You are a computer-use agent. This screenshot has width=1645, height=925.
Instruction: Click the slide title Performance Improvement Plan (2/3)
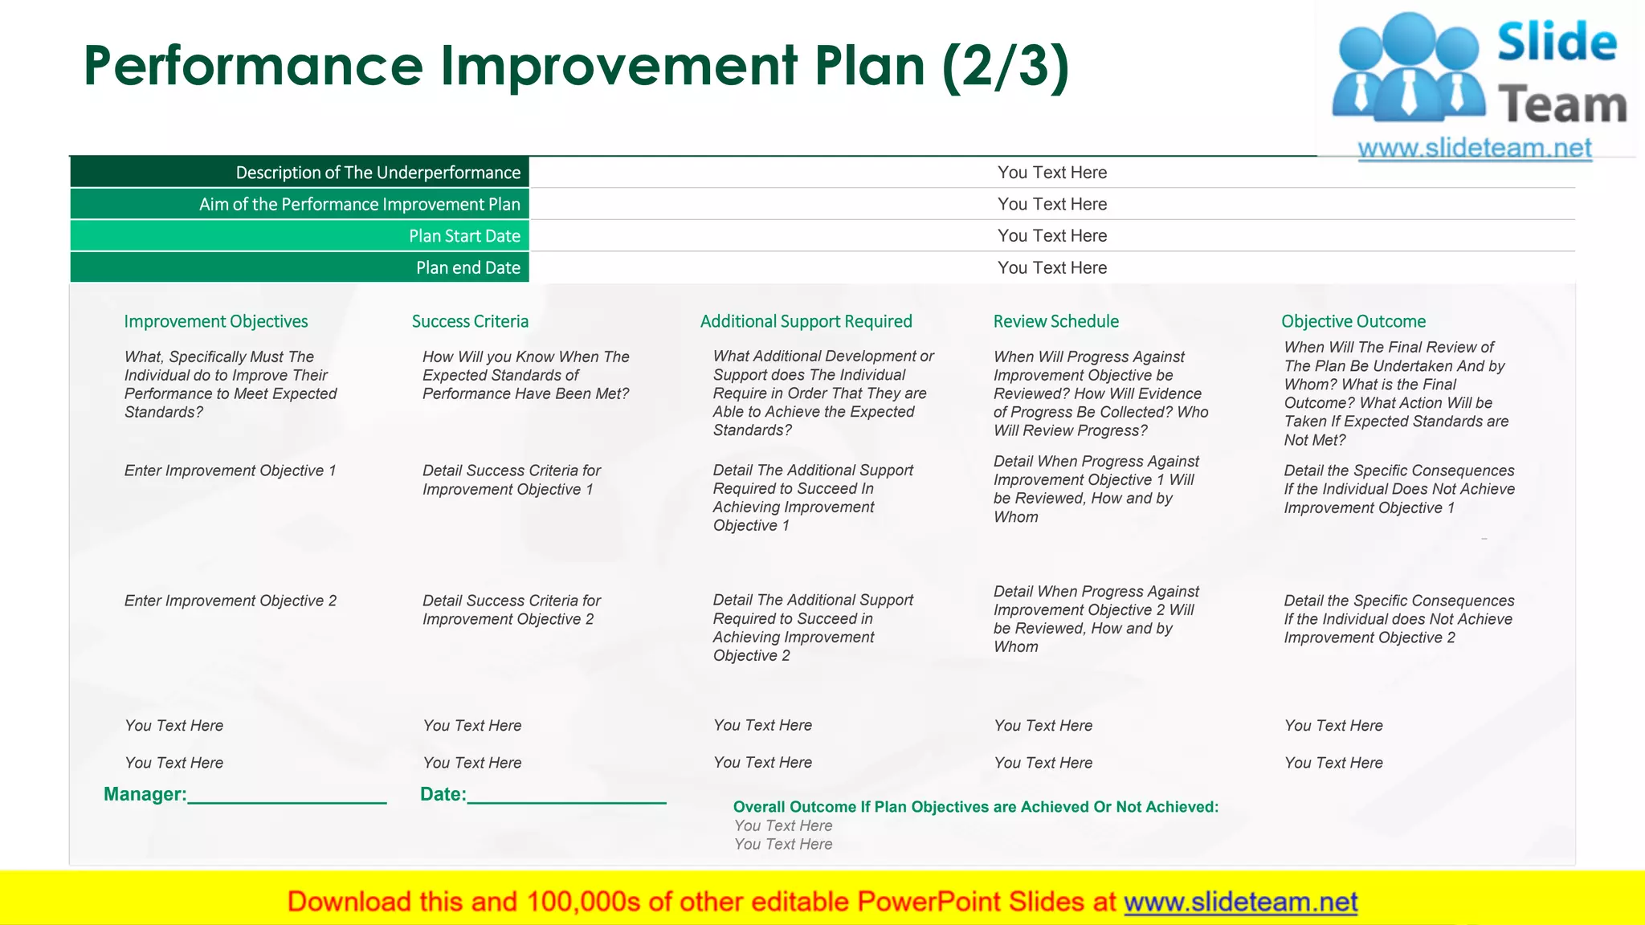tap(576, 66)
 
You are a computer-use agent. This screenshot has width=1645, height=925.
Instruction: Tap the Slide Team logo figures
tap(1408, 68)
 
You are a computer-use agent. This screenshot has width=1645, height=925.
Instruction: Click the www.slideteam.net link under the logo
tap(1474, 149)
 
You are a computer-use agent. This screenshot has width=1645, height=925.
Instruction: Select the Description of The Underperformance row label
tap(378, 173)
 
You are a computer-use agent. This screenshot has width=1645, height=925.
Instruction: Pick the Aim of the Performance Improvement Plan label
tap(359, 204)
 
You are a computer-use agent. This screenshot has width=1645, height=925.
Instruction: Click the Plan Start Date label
tap(464, 236)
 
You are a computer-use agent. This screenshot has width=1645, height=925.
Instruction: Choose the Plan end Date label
tap(467, 267)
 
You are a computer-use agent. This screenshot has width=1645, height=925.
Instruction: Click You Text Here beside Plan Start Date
tap(1051, 236)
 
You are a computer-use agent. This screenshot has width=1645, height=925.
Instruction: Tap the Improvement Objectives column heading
tap(216, 321)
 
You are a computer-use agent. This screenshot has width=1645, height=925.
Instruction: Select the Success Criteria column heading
tap(470, 321)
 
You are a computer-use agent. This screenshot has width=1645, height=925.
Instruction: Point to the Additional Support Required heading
tap(806, 321)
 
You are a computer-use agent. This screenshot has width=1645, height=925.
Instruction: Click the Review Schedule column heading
tap(1055, 321)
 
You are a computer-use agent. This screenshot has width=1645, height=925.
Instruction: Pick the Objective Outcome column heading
tap(1353, 321)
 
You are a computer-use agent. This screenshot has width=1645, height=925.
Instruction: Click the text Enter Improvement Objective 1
tap(230, 471)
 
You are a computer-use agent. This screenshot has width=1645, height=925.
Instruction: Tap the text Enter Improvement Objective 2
tap(230, 601)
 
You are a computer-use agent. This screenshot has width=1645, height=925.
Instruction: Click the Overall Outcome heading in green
tap(975, 807)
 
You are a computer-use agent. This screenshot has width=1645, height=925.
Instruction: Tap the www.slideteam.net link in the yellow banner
tap(1240, 902)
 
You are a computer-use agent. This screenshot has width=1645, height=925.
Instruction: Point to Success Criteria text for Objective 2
tap(511, 610)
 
